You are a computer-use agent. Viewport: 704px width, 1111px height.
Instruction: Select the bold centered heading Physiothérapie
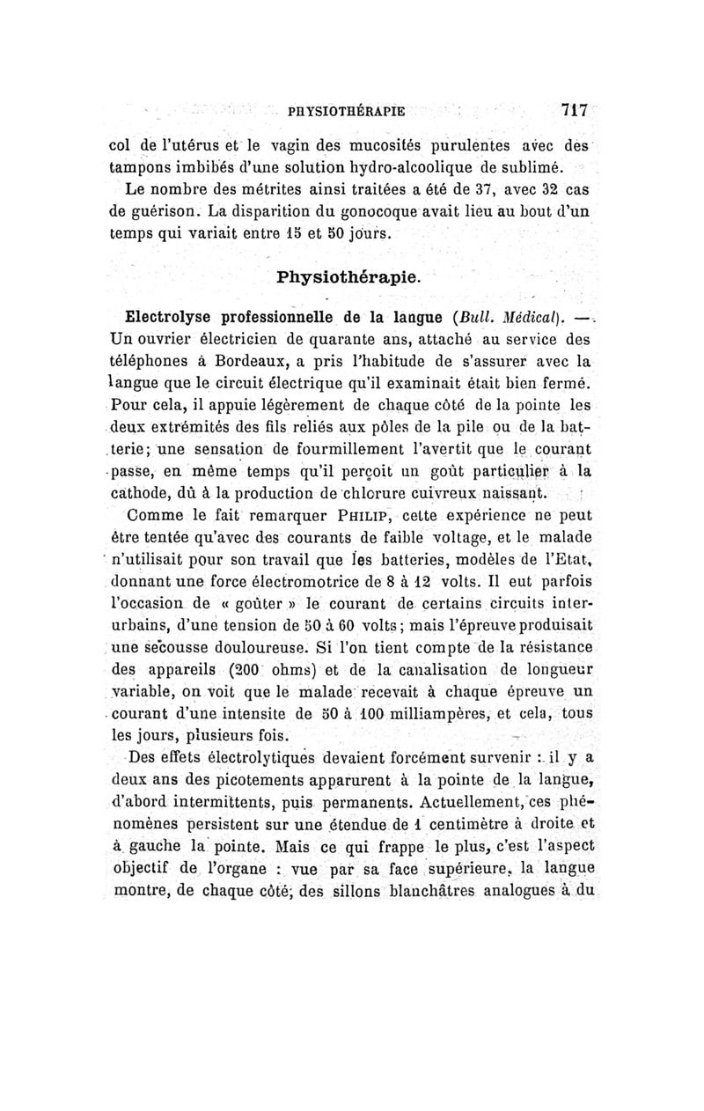click(350, 276)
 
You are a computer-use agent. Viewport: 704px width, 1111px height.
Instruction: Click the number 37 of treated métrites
click(468, 191)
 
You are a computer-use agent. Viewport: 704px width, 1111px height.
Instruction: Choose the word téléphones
click(146, 361)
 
